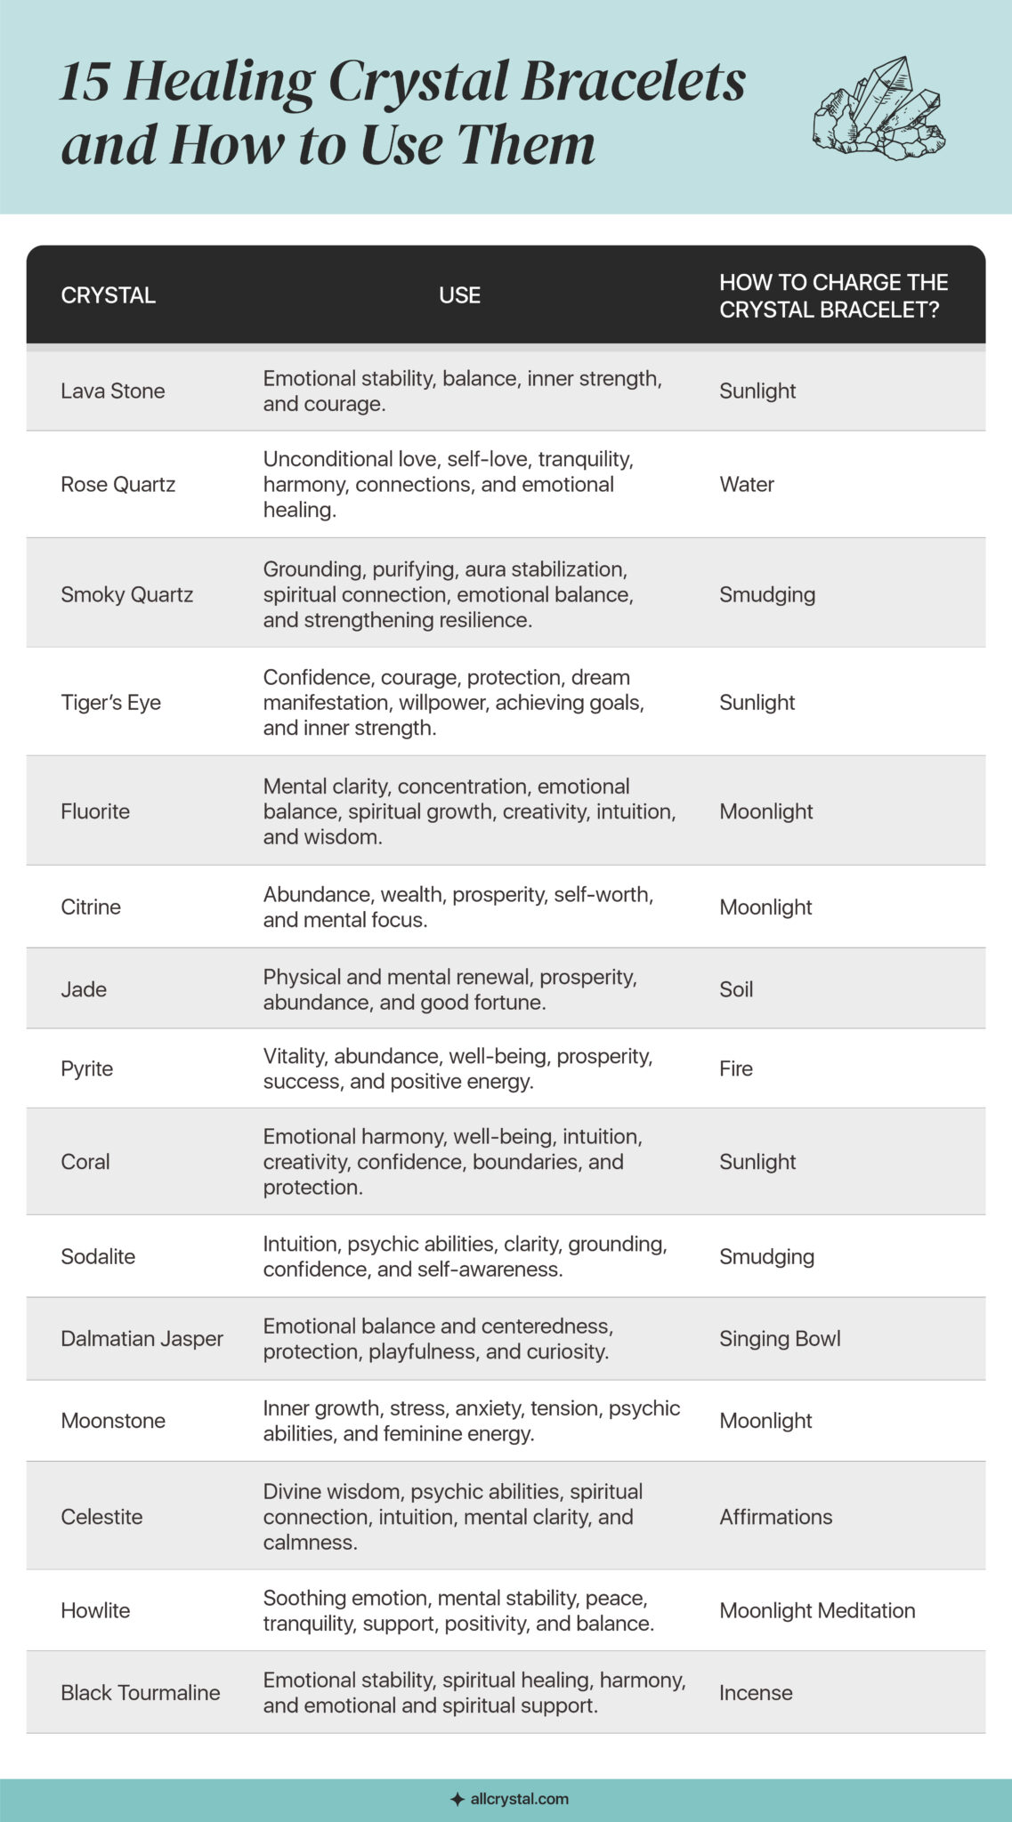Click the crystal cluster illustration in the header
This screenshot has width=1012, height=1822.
pyautogui.click(x=878, y=109)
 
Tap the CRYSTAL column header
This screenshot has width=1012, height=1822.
pyautogui.click(x=108, y=295)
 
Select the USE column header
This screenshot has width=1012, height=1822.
pyautogui.click(x=459, y=295)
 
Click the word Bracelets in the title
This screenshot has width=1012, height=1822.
pyautogui.click(x=633, y=82)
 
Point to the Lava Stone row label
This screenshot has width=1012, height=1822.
pyautogui.click(x=113, y=391)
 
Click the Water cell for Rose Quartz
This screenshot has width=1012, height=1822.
pyautogui.click(x=747, y=485)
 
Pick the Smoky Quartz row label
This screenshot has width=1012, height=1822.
pyautogui.click(x=126, y=595)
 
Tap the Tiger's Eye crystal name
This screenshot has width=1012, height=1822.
pyautogui.click(x=110, y=703)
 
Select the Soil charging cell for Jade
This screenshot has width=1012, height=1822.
pyautogui.click(x=736, y=989)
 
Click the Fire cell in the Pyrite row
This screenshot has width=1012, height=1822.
pyautogui.click(x=736, y=1068)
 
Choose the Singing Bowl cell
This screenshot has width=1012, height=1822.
pyautogui.click(x=780, y=1339)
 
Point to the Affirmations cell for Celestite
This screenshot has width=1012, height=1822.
pyautogui.click(x=775, y=1517)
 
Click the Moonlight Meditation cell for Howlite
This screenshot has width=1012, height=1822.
pyautogui.click(x=817, y=1610)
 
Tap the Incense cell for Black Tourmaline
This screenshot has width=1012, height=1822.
pyautogui.click(x=756, y=1693)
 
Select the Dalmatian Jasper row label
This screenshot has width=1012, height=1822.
pyautogui.click(x=142, y=1339)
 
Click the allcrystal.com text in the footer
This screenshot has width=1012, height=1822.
pyautogui.click(x=519, y=1799)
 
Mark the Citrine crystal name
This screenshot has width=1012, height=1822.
pyautogui.click(x=91, y=907)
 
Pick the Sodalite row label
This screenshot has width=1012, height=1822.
pyautogui.click(x=98, y=1257)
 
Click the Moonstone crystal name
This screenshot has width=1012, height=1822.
pyautogui.click(x=113, y=1421)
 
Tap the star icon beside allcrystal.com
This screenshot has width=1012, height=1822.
pyautogui.click(x=457, y=1800)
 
